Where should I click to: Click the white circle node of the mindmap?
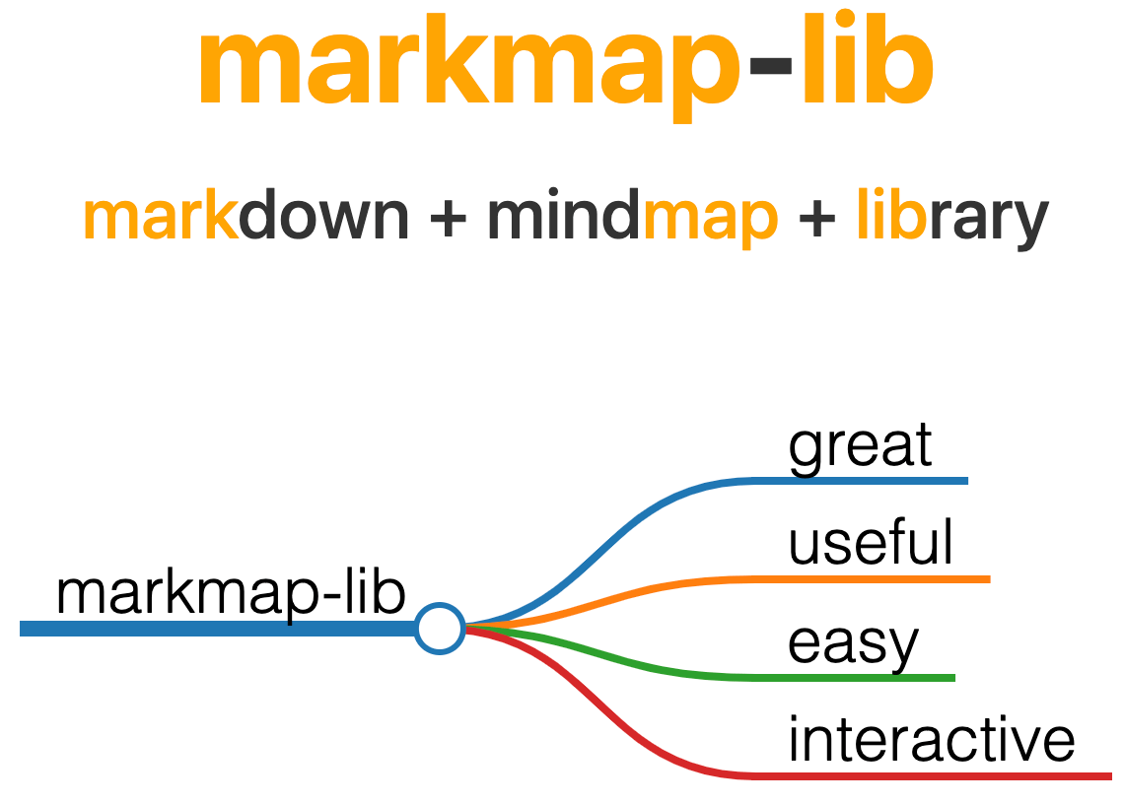[440, 628]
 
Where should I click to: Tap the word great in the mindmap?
[860, 446]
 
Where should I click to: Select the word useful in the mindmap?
[871, 543]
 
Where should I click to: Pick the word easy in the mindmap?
[853, 643]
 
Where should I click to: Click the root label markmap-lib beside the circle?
[231, 593]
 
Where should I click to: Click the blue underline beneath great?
[868, 481]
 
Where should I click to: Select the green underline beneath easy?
[858, 678]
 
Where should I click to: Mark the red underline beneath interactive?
[937, 776]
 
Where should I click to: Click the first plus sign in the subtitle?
[449, 218]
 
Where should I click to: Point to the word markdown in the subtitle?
[246, 218]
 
